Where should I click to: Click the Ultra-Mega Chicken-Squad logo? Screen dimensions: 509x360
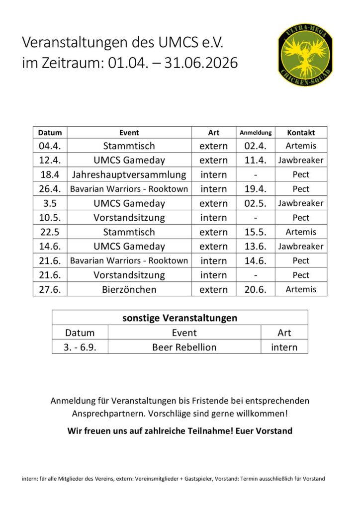click(305, 55)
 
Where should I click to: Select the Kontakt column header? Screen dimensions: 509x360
click(301, 133)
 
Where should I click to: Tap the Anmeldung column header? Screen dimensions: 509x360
click(256, 133)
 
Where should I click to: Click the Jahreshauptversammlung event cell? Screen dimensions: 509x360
click(129, 174)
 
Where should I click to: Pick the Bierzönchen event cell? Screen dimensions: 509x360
click(129, 289)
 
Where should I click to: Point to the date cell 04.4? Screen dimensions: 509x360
click(50, 146)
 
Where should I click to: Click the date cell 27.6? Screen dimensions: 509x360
click(50, 289)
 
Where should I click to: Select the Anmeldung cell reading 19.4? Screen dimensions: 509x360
click(256, 189)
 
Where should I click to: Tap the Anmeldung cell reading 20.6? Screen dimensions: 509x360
click(256, 289)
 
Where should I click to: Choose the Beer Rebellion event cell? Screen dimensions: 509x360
click(184, 347)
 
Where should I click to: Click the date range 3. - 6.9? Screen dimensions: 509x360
click(80, 347)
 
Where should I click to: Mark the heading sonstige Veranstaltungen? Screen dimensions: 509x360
click(180, 318)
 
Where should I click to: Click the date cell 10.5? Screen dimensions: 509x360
click(50, 218)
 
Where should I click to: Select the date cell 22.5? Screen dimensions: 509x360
click(50, 232)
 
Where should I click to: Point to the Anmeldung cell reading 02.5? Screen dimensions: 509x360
click(256, 203)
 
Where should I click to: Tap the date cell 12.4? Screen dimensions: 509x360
click(50, 160)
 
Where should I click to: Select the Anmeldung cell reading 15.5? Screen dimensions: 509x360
click(256, 232)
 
